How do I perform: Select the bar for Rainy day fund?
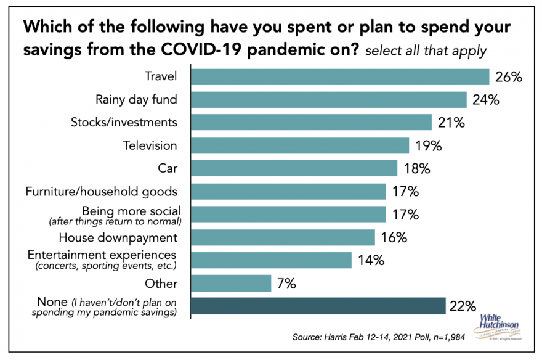[x=329, y=99]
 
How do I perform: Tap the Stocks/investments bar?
[x=311, y=122]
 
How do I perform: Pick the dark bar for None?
[x=318, y=306]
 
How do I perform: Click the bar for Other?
[x=231, y=283]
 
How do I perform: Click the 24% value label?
[x=485, y=100]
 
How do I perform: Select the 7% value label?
[x=286, y=284]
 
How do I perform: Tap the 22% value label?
[x=463, y=306]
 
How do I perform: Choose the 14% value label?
[x=371, y=260]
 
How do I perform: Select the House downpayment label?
[x=118, y=237]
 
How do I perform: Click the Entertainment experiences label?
[x=101, y=254]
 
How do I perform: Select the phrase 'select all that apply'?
[x=425, y=51]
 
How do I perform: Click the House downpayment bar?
[x=283, y=237]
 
